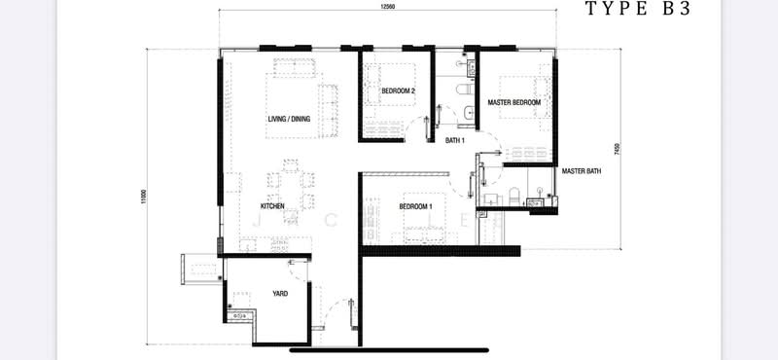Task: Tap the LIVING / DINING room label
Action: coord(289,119)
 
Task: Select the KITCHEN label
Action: coord(271,206)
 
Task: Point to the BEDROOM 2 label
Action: coord(398,90)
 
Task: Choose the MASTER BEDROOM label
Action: coord(514,101)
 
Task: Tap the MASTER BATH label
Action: coord(582,171)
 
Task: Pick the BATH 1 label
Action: coord(455,140)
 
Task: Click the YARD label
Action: coord(279,293)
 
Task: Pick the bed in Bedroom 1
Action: coord(417,216)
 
